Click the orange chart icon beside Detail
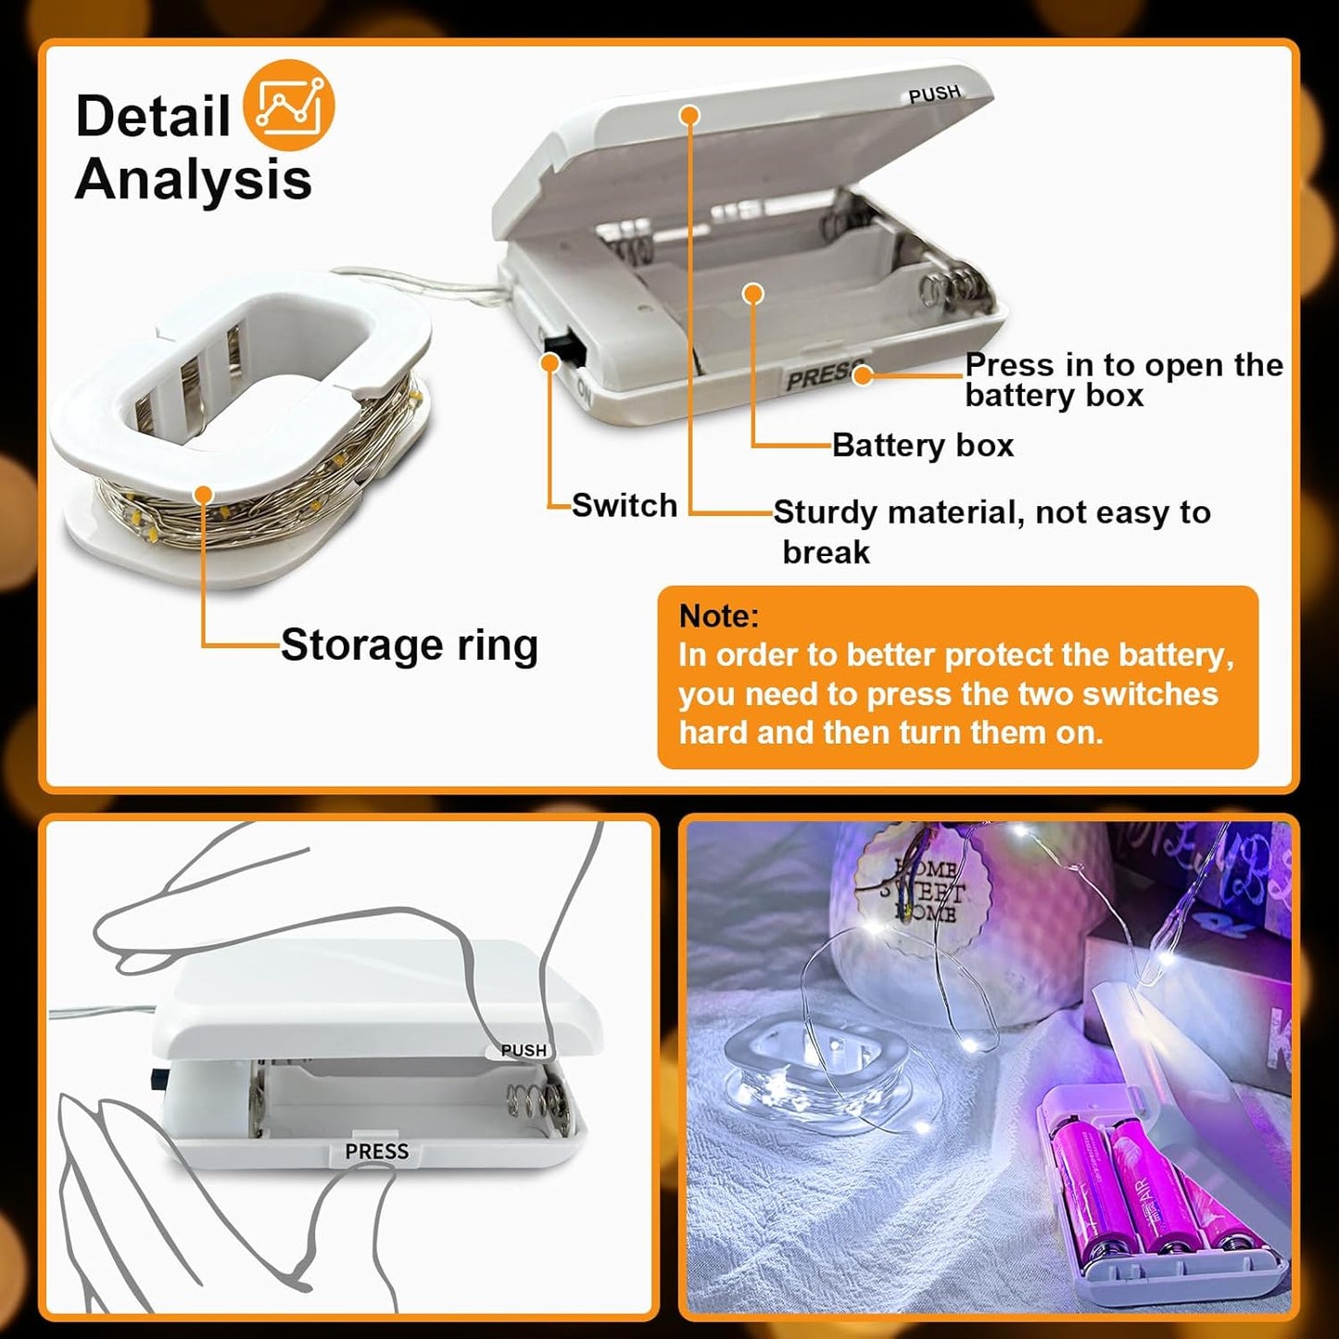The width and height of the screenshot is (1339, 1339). (288, 106)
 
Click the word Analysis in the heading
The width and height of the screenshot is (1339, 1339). (193, 179)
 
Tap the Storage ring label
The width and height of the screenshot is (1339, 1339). (409, 645)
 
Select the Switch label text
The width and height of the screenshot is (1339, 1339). (624, 506)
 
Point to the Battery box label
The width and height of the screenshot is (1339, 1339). (922, 446)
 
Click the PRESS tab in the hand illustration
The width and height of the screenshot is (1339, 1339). (376, 1151)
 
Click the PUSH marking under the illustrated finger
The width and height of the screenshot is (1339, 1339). (523, 1050)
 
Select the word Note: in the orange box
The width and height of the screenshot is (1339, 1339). (718, 616)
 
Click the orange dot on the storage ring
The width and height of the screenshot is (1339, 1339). (204, 495)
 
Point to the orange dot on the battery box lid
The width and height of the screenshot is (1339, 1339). (688, 115)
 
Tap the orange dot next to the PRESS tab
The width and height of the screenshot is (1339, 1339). (863, 375)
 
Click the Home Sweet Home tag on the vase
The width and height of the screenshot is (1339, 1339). (923, 891)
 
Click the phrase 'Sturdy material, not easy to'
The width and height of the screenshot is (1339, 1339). (992, 512)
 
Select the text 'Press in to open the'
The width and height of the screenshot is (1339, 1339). (1123, 365)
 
